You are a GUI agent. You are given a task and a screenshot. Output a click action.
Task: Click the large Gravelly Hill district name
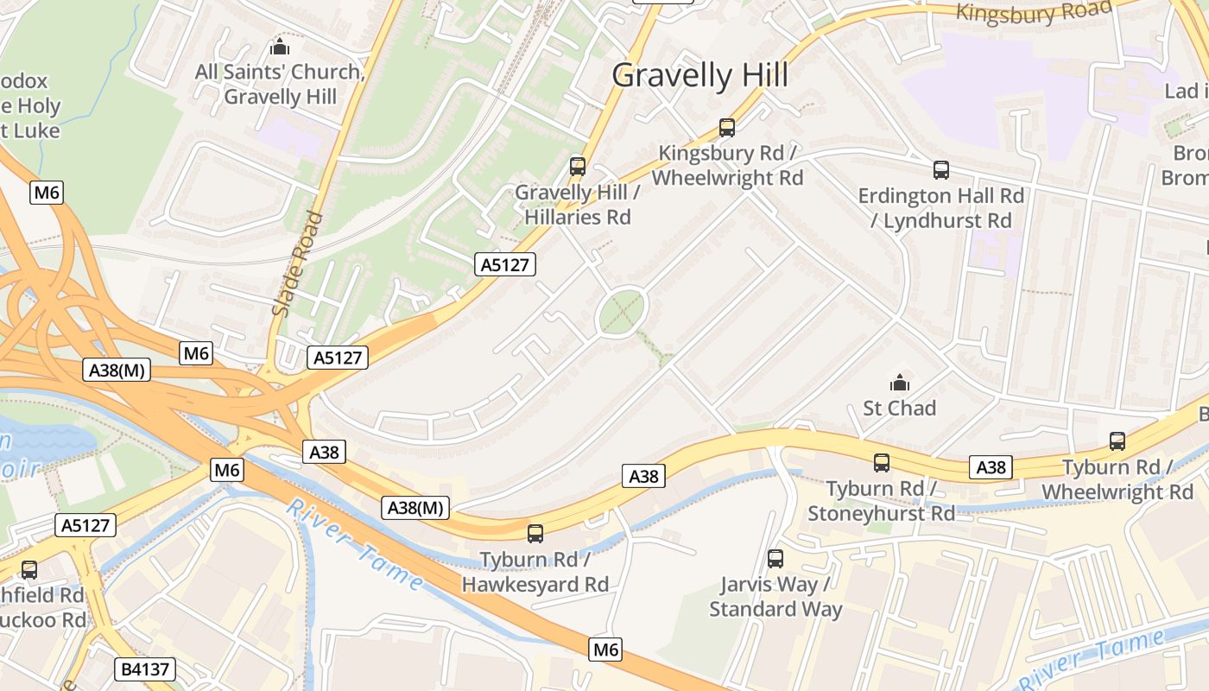(x=699, y=76)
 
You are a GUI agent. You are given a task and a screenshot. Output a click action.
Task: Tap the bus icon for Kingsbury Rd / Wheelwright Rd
(x=727, y=128)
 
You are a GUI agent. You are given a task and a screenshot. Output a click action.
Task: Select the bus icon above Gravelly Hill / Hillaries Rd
(x=578, y=167)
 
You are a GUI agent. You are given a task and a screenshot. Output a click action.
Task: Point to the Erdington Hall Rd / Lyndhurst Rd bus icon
(x=941, y=170)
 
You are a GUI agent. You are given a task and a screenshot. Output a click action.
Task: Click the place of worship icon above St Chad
(x=900, y=382)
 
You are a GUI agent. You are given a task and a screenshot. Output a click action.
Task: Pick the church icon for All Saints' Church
(x=279, y=47)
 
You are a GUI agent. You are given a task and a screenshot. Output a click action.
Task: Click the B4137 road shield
(x=144, y=669)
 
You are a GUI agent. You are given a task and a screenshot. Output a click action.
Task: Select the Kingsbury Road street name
(x=1034, y=12)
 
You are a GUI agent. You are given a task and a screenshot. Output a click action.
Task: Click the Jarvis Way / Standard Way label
(x=775, y=597)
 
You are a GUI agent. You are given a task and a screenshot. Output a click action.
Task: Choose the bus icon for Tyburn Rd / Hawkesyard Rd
(x=535, y=534)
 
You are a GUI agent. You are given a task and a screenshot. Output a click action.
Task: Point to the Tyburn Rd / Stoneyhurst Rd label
(x=881, y=501)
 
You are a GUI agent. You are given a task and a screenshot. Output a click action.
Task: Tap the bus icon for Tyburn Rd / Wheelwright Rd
(x=1117, y=441)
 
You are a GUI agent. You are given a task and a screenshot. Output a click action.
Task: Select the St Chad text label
(x=900, y=408)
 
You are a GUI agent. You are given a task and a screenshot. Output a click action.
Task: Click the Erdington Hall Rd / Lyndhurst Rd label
(x=941, y=208)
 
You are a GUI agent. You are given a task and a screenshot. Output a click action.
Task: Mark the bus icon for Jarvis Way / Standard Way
(x=775, y=559)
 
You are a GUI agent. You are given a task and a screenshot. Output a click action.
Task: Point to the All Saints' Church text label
(x=280, y=84)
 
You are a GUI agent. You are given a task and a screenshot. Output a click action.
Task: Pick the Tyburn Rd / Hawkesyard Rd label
(x=535, y=572)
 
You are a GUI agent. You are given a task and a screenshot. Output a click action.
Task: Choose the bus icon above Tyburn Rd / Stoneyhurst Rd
(x=881, y=463)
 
